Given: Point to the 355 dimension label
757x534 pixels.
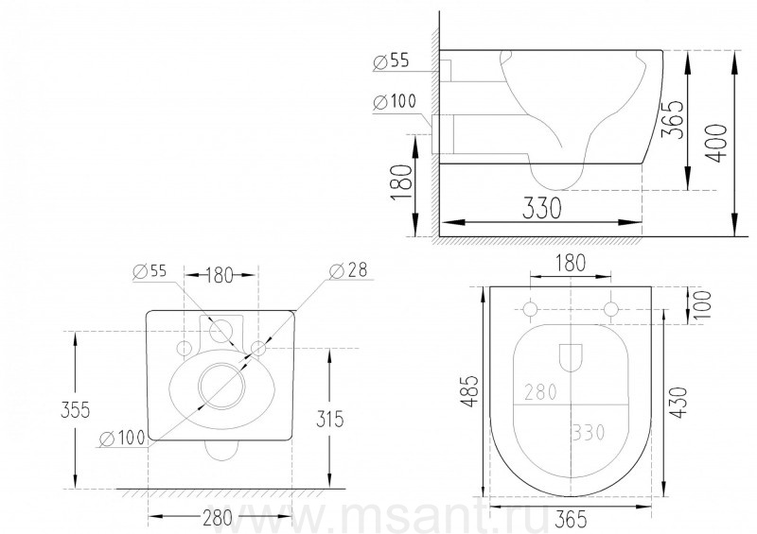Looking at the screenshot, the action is pyautogui.click(x=76, y=410).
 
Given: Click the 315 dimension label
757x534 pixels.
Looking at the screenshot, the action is pyautogui.click(x=329, y=419).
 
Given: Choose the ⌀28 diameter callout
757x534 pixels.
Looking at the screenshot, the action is pyautogui.click(x=348, y=270).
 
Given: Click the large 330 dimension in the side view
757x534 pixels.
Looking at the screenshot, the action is pyautogui.click(x=541, y=208).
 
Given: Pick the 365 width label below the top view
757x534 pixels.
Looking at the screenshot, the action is pyautogui.click(x=572, y=519).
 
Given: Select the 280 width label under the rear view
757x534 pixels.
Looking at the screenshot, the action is pyautogui.click(x=218, y=518).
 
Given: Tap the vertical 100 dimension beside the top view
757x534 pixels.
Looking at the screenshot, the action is pyautogui.click(x=703, y=303).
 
